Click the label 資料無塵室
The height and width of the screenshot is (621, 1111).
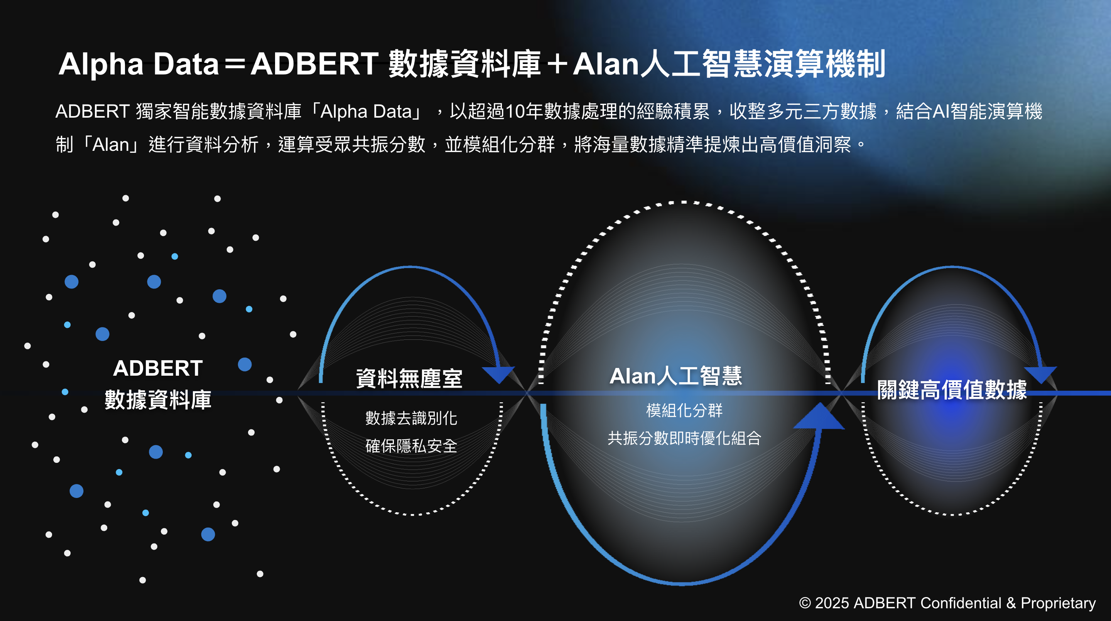point(409,378)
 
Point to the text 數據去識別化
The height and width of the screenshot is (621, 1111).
point(411,418)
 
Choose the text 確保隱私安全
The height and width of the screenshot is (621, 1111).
point(411,446)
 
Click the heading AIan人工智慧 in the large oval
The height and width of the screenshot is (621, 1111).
point(676,376)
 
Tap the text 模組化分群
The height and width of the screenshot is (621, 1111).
point(684,410)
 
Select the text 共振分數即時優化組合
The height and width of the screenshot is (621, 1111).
point(684,438)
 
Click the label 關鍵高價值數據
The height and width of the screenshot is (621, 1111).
point(952,390)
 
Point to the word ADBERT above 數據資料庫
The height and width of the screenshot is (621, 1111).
point(158,368)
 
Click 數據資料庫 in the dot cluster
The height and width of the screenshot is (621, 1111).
point(158,399)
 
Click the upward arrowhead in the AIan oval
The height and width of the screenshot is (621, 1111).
point(819,417)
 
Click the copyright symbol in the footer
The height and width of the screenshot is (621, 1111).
point(805,603)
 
